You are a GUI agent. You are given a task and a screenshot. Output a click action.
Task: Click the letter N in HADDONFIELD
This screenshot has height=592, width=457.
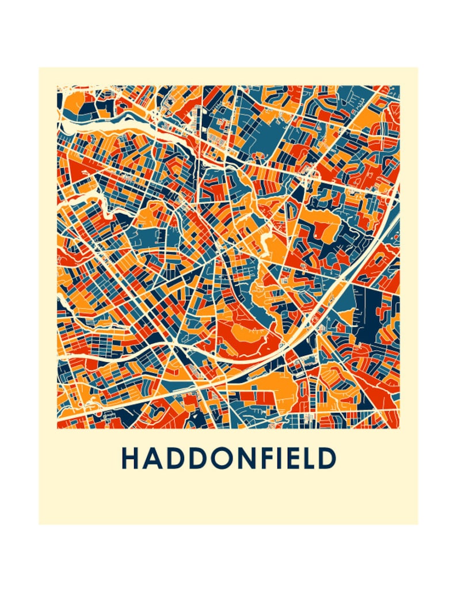[x=245, y=459]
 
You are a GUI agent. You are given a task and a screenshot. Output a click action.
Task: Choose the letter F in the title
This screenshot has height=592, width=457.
[x=266, y=459]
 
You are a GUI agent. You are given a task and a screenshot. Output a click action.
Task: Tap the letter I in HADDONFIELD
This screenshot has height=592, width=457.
[x=280, y=459]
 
